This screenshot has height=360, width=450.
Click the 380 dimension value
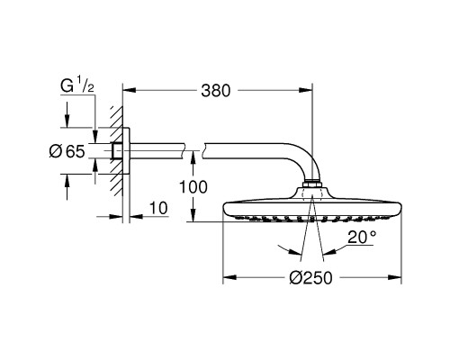(x=217, y=91)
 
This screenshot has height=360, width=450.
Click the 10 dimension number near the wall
(x=158, y=209)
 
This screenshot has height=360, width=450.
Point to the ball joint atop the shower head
(x=311, y=188)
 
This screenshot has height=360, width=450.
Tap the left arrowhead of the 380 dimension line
(x=127, y=91)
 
